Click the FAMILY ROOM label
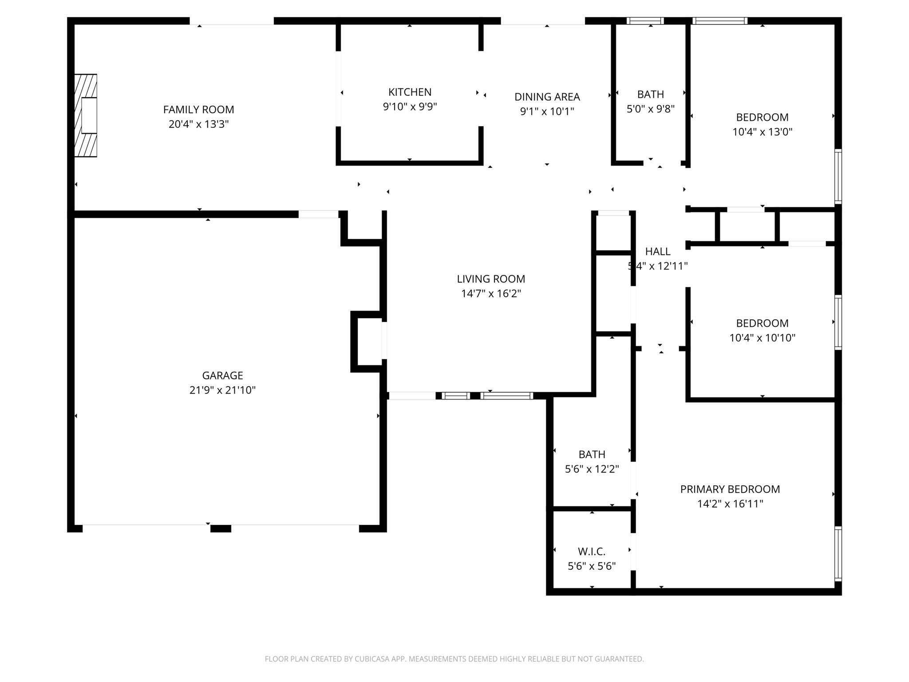click(198, 109)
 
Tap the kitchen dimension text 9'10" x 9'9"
click(410, 107)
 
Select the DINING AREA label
click(547, 97)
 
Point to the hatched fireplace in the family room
click(86, 115)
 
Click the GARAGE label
click(222, 376)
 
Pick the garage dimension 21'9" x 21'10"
click(222, 390)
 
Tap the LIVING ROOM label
click(491, 279)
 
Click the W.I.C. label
click(592, 551)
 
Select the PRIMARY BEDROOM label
click(730, 489)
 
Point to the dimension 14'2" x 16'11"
click(730, 504)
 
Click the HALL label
click(657, 251)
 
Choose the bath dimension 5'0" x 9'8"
click(650, 109)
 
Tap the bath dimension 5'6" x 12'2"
click(592, 469)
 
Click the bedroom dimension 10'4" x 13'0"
click(762, 132)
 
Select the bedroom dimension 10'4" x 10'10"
click(762, 338)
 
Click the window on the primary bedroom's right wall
click(838, 554)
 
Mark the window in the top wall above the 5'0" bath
click(645, 21)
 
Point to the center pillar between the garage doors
click(221, 528)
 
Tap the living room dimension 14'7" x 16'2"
click(491, 293)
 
